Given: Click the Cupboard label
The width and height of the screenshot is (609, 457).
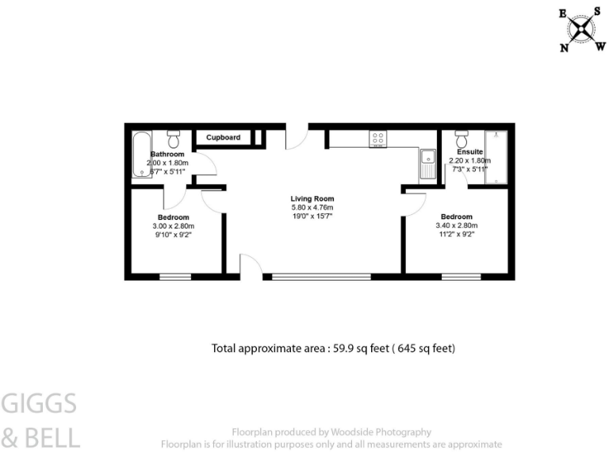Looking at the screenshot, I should (x=224, y=137).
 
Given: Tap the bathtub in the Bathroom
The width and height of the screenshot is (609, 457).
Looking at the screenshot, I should (x=141, y=153).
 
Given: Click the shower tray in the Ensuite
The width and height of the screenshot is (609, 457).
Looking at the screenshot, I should (x=496, y=155).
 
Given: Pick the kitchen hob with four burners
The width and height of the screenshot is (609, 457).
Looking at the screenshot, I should (x=377, y=139).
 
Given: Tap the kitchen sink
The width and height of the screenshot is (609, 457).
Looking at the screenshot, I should (x=427, y=163).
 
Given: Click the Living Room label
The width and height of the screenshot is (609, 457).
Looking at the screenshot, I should (x=312, y=198).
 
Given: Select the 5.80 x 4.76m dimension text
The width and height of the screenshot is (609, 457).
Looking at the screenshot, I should (x=312, y=208).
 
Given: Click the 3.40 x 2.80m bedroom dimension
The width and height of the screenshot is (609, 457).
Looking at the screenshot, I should (x=457, y=225).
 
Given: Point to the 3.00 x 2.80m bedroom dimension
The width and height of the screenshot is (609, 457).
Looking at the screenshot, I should (x=173, y=226).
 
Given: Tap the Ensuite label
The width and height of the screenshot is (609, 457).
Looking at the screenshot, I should (x=470, y=152).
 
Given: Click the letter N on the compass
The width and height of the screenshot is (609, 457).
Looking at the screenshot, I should (x=565, y=48).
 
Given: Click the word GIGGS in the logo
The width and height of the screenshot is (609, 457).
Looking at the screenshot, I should (x=39, y=404).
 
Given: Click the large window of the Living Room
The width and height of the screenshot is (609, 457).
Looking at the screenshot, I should (x=321, y=276).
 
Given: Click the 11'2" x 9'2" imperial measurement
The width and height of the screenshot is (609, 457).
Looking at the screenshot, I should (x=457, y=235).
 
